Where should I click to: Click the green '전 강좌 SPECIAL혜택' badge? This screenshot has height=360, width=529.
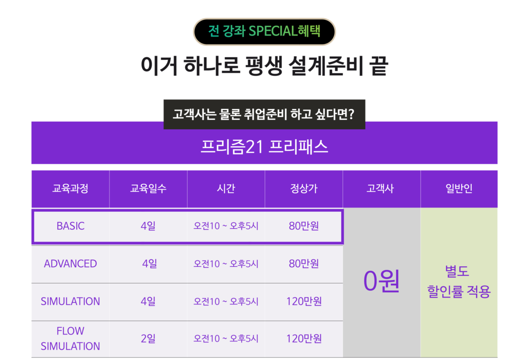click(x=264, y=31)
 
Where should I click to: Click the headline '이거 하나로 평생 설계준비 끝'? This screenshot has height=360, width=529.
click(x=264, y=66)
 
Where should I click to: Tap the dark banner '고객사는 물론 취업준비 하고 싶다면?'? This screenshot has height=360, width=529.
click(x=264, y=114)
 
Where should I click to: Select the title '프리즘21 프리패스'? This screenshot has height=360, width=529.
click(x=264, y=147)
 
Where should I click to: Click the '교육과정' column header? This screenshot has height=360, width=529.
click(x=70, y=188)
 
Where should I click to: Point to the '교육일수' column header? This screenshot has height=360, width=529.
click(x=148, y=188)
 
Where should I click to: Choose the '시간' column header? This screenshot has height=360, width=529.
click(x=226, y=188)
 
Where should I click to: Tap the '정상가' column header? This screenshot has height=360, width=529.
click(x=304, y=188)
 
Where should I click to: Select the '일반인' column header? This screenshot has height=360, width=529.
click(x=459, y=188)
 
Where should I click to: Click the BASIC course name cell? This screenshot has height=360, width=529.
click(x=70, y=226)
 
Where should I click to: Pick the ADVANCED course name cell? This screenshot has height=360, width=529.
click(x=70, y=264)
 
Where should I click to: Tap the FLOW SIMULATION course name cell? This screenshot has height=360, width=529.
click(x=70, y=338)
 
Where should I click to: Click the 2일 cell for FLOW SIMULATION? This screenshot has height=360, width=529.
click(x=148, y=338)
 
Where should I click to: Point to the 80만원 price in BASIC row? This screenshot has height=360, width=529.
click(x=304, y=226)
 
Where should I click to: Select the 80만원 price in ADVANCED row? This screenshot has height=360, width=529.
click(x=304, y=264)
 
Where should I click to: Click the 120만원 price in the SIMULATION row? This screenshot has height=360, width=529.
click(x=304, y=301)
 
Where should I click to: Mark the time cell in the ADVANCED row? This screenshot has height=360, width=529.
click(x=226, y=264)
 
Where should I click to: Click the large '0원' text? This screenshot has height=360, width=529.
click(x=381, y=281)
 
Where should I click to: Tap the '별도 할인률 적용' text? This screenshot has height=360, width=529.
click(x=459, y=282)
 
